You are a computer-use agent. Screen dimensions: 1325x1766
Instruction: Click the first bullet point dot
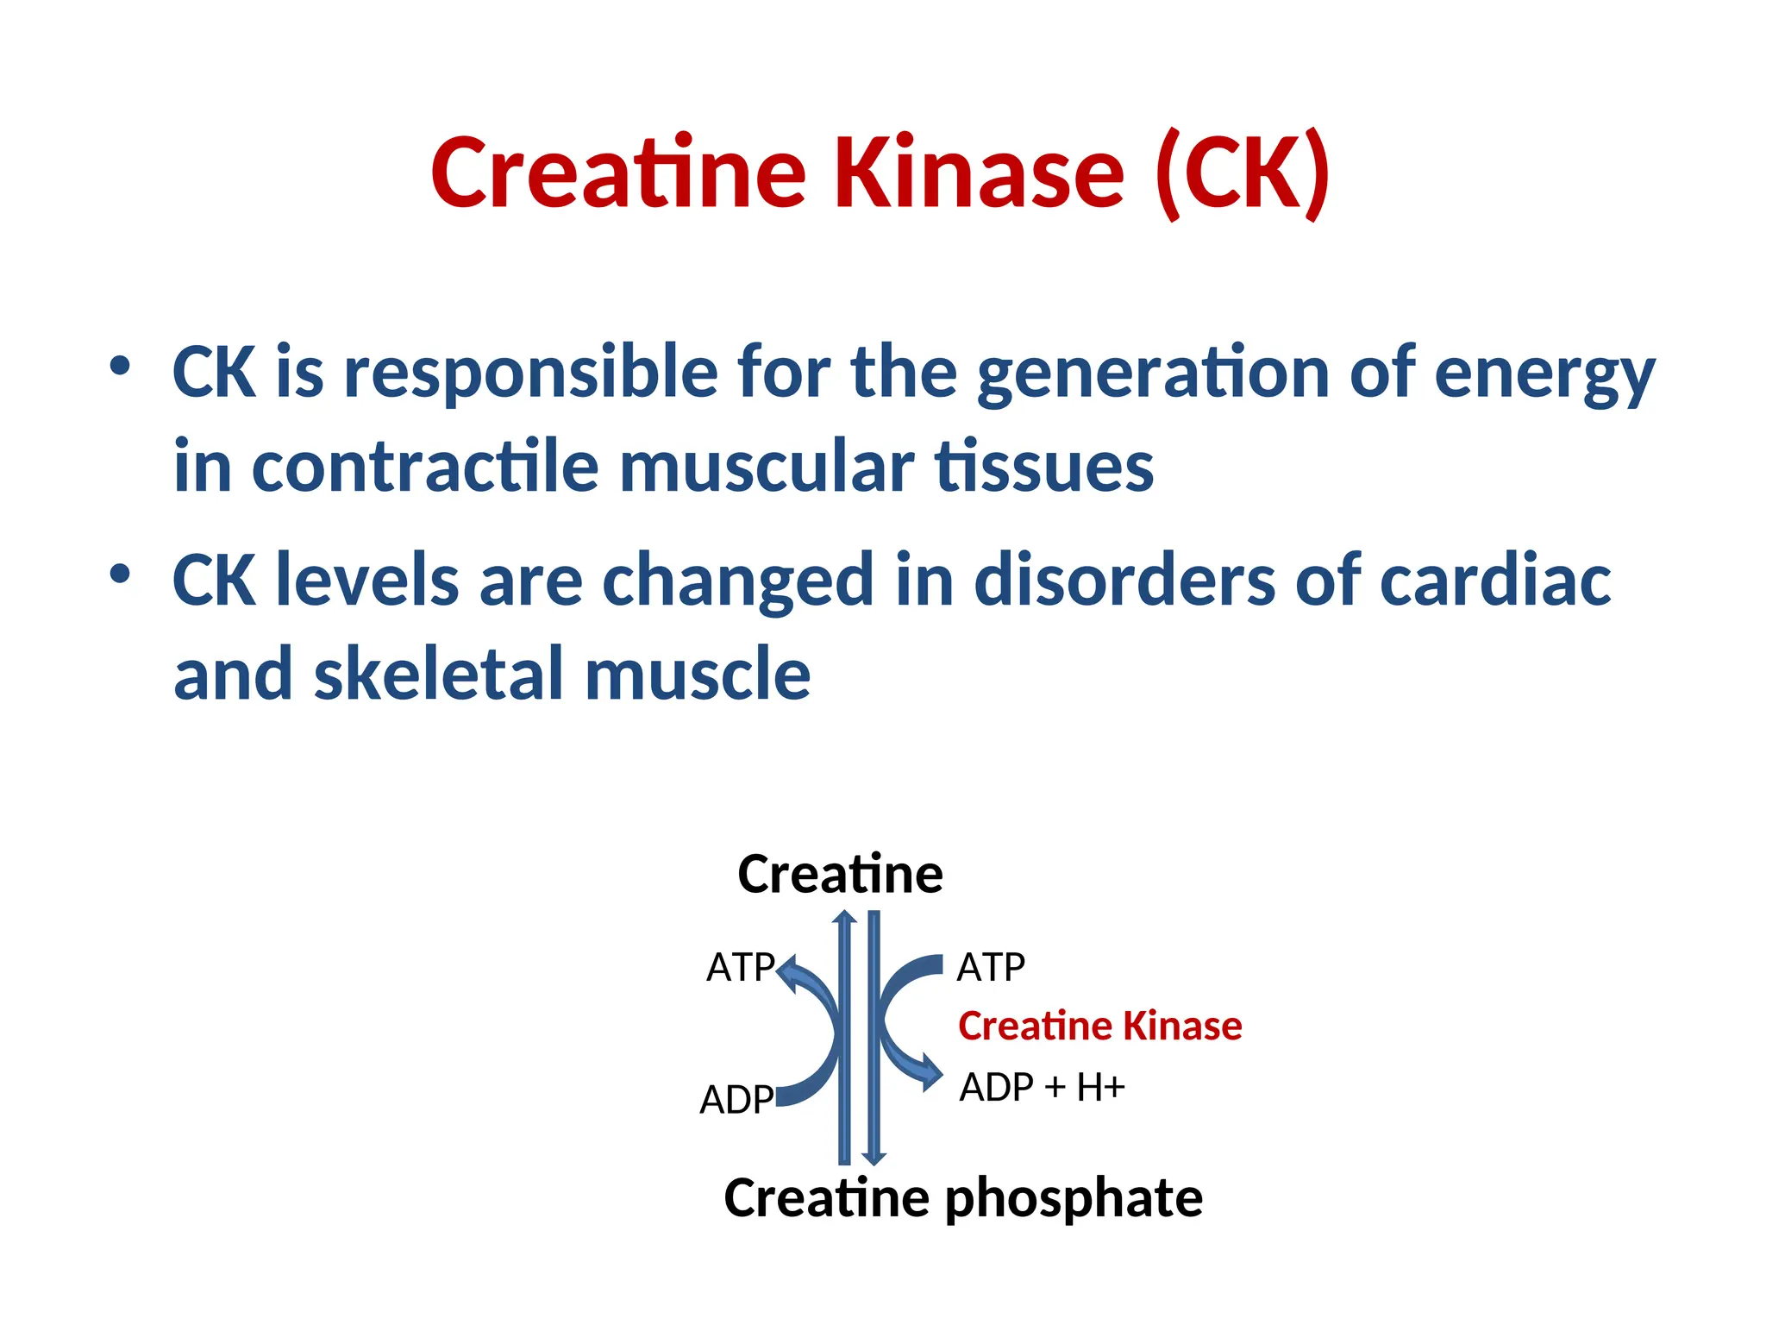[120, 367]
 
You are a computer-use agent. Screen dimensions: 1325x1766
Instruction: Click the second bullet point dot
[120, 574]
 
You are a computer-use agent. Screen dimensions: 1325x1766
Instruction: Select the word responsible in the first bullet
[530, 373]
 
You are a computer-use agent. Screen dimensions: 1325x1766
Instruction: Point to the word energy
[1544, 373]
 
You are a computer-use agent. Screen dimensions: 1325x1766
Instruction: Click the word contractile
[424, 467]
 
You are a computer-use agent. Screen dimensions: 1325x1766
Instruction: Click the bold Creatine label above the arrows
[840, 874]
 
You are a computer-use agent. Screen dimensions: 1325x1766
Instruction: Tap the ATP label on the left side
[740, 967]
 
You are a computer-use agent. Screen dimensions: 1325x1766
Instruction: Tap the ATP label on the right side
[991, 967]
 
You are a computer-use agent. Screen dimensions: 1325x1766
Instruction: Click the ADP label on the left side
[736, 1100]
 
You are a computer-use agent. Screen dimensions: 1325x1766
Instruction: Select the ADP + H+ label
[1042, 1087]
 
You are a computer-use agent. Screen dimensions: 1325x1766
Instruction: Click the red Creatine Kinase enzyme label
[1099, 1026]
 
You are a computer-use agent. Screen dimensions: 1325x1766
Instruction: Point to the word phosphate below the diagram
[1074, 1198]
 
